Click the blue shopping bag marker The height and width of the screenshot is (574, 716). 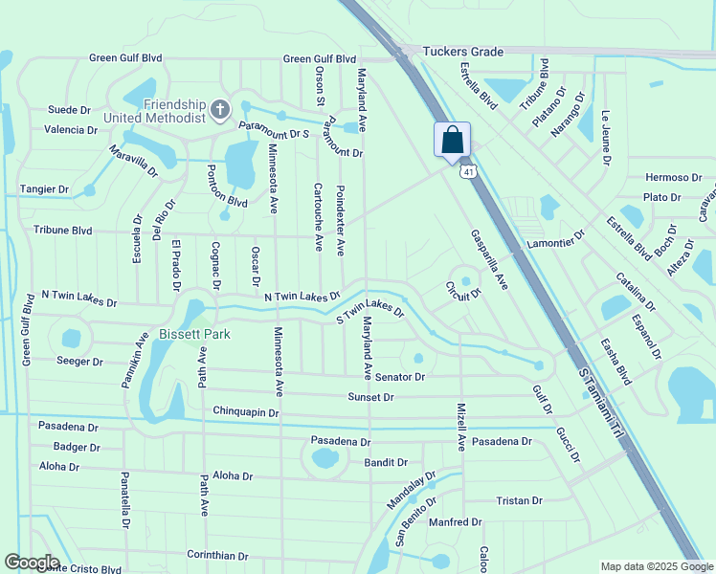coord(452,140)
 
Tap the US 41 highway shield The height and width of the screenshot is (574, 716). coord(467,171)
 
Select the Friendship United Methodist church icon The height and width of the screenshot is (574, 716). coord(219,110)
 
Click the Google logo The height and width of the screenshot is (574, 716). coord(32,563)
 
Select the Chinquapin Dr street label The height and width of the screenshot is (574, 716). coord(245,412)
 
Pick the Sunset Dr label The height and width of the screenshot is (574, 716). coord(370,396)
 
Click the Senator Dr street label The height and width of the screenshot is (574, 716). coord(400,377)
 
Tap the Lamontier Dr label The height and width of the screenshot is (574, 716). coord(554,241)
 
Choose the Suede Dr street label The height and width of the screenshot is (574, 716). coord(68,110)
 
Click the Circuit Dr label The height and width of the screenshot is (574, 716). coord(462,292)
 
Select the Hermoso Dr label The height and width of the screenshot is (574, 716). coord(674,177)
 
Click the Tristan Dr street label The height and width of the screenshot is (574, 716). coord(519,500)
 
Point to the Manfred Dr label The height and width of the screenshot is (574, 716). coord(455,522)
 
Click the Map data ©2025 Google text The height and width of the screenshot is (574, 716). coord(656,566)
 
